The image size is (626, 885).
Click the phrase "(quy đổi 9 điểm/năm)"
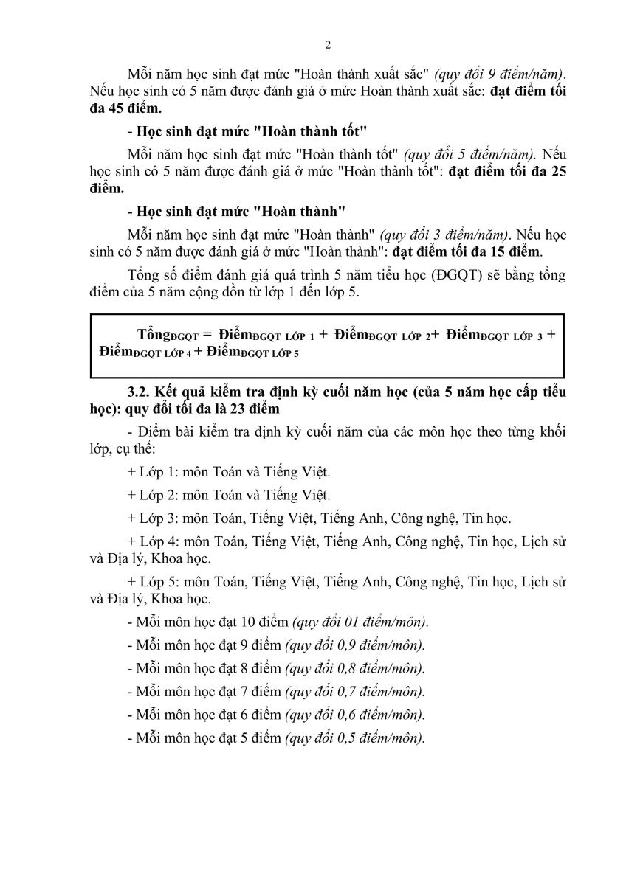point(499,74)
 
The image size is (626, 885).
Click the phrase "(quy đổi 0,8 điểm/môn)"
point(354,669)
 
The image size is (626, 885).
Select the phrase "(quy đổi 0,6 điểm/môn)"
point(354,715)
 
